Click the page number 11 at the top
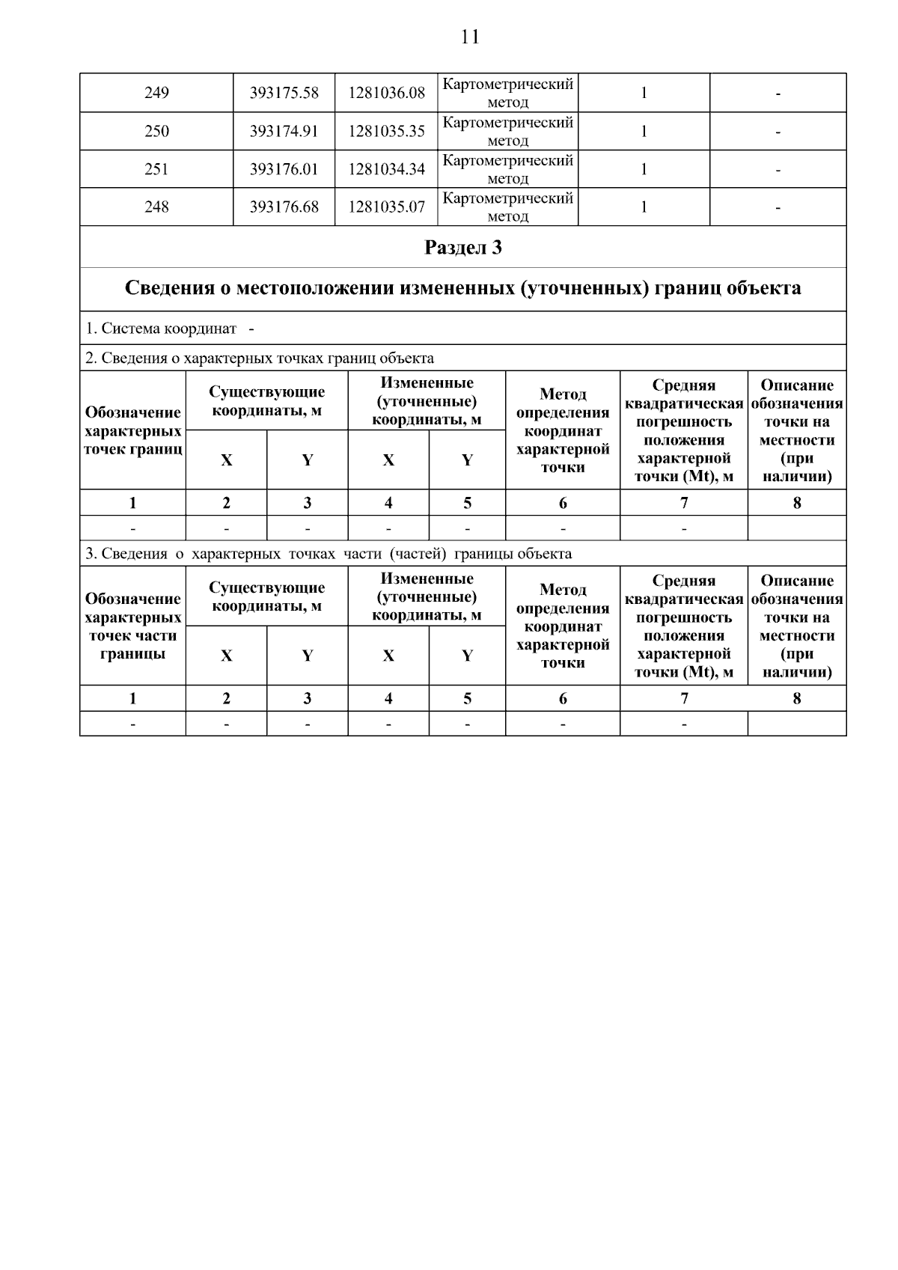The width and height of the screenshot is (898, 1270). [469, 37]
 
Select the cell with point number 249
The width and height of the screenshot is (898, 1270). [156, 93]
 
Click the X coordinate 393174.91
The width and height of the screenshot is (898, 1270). [284, 132]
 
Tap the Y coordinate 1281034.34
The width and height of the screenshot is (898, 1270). [386, 170]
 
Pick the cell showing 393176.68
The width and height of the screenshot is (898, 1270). [284, 207]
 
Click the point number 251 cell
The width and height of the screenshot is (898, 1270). [156, 170]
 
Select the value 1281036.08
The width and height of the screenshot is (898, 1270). [386, 93]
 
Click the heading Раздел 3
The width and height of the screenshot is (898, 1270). [462, 248]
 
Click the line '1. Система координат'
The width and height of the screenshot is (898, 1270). [161, 329]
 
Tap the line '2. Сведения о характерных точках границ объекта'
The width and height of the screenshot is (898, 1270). [259, 358]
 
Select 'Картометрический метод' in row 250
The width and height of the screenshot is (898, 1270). [508, 132]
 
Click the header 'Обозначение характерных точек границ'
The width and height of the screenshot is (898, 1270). [132, 430]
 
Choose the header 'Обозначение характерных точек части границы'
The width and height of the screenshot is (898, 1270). [132, 626]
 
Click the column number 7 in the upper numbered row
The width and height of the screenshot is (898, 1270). [683, 503]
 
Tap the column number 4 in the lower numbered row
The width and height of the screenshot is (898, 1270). [388, 698]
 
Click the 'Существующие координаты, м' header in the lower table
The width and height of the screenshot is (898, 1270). [266, 596]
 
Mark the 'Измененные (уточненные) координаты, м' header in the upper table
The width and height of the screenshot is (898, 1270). [427, 401]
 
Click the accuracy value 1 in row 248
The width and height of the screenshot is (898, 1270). [644, 207]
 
